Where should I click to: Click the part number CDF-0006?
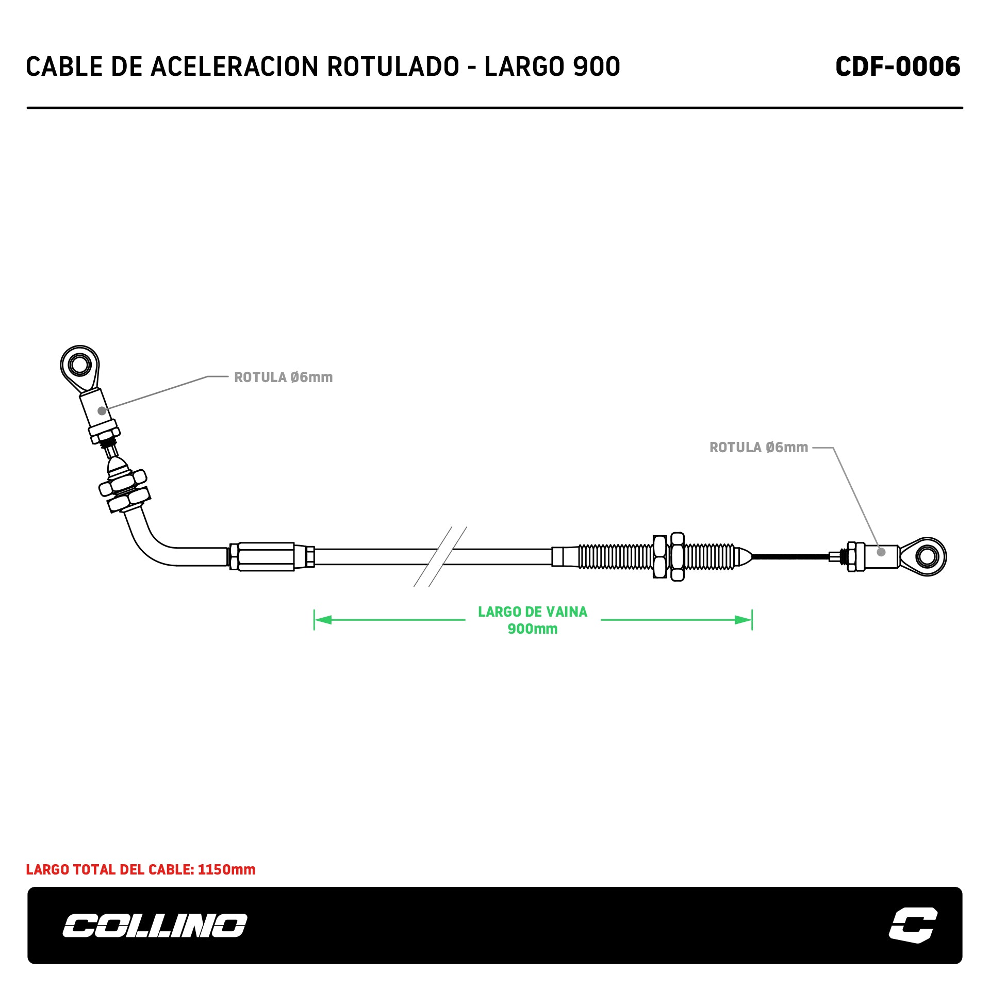[897, 67]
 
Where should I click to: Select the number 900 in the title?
[597, 67]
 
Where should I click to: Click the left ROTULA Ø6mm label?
[283, 377]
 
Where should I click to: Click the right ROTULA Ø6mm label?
[758, 448]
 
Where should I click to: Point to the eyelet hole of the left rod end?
[79, 365]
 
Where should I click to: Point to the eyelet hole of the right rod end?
[927, 556]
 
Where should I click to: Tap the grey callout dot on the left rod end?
[102, 411]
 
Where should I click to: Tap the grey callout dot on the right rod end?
[881, 552]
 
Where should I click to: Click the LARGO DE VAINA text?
[533, 612]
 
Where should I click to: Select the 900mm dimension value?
[533, 629]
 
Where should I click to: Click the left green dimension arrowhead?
[323, 620]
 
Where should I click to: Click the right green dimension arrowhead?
[744, 620]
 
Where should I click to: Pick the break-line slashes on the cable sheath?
[440, 557]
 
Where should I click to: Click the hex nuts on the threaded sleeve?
[669, 557]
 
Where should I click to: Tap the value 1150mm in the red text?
[226, 870]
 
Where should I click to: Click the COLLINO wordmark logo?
[155, 926]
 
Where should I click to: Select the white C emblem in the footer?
[913, 925]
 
